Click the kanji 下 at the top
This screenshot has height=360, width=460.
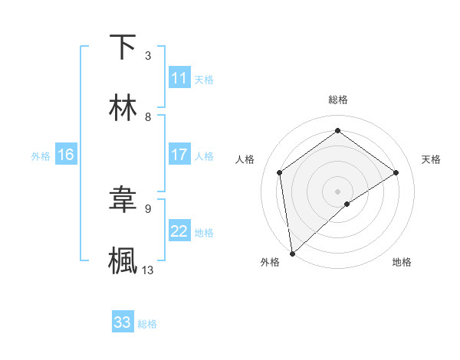pos(123,47)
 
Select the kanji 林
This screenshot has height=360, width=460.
pos(123,108)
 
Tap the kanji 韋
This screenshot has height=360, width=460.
pos(123,200)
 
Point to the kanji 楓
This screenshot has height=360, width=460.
pos(123,260)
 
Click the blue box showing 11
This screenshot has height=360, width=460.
pos(179,78)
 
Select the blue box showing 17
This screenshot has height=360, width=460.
pos(179,155)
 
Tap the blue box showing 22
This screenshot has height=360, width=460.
pos(179,231)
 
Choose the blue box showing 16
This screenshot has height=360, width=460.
pos(66,155)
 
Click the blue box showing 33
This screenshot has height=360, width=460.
pos(123,322)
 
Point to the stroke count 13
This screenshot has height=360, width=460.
pos(148,270)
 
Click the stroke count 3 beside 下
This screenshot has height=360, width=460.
pos(148,56)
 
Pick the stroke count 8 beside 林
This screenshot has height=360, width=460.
pos(148,116)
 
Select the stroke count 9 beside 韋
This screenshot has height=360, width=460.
pos(148,208)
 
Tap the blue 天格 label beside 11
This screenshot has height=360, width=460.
pos(204,79)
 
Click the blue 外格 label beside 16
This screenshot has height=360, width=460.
pos(41,155)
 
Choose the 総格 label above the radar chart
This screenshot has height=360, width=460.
pos(338,100)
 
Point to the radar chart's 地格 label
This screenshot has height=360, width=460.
pos(402,263)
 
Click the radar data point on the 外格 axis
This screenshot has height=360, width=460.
pos(291,253)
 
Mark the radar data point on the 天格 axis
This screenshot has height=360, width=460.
pos(396,172)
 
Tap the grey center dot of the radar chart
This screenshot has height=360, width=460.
pos(338,190)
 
